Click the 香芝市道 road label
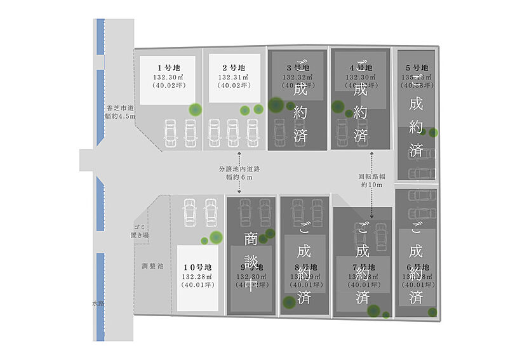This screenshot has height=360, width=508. (121, 109)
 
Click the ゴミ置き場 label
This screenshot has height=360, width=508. (140, 231)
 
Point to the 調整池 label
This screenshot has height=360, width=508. (152, 266)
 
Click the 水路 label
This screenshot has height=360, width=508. (98, 304)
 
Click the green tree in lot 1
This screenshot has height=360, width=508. (195, 110)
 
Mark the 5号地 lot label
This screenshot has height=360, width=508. (417, 68)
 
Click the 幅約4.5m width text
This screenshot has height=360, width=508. (121, 117)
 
